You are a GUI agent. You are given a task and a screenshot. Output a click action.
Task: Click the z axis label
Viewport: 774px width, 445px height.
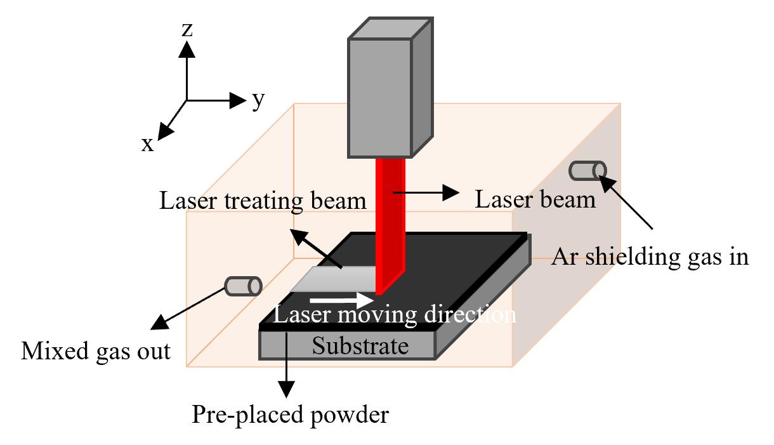187,30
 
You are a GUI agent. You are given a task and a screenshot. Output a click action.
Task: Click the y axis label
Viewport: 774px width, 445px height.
258,101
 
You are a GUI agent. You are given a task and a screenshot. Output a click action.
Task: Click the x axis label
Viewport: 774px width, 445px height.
147,145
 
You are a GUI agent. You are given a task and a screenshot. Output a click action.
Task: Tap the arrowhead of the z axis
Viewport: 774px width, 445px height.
187,50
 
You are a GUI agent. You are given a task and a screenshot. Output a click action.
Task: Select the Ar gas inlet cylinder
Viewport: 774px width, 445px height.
587,171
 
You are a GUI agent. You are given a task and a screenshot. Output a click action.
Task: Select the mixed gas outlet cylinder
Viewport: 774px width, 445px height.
243,286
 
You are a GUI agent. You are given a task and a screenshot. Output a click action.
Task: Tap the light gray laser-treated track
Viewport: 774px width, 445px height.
334,279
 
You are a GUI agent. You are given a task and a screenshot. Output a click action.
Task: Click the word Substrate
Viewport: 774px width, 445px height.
360,346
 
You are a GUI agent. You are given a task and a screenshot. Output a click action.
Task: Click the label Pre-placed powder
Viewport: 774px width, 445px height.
291,415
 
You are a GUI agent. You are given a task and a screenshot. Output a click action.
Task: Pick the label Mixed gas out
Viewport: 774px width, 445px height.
96,352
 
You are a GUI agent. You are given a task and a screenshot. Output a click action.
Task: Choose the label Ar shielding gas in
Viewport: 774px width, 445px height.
650,258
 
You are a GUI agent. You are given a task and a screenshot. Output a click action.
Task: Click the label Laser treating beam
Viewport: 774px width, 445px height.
263,201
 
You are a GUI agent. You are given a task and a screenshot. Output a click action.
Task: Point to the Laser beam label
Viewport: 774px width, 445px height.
535,200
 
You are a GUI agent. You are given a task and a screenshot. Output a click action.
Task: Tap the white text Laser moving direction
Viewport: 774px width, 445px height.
395,315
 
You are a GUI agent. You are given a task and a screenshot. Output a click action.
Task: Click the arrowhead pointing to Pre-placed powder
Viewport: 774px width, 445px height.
286,389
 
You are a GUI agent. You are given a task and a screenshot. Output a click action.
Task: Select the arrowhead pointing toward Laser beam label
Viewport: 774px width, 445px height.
451,192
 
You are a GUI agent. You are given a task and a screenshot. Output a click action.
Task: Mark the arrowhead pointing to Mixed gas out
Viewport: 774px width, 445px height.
160,322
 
